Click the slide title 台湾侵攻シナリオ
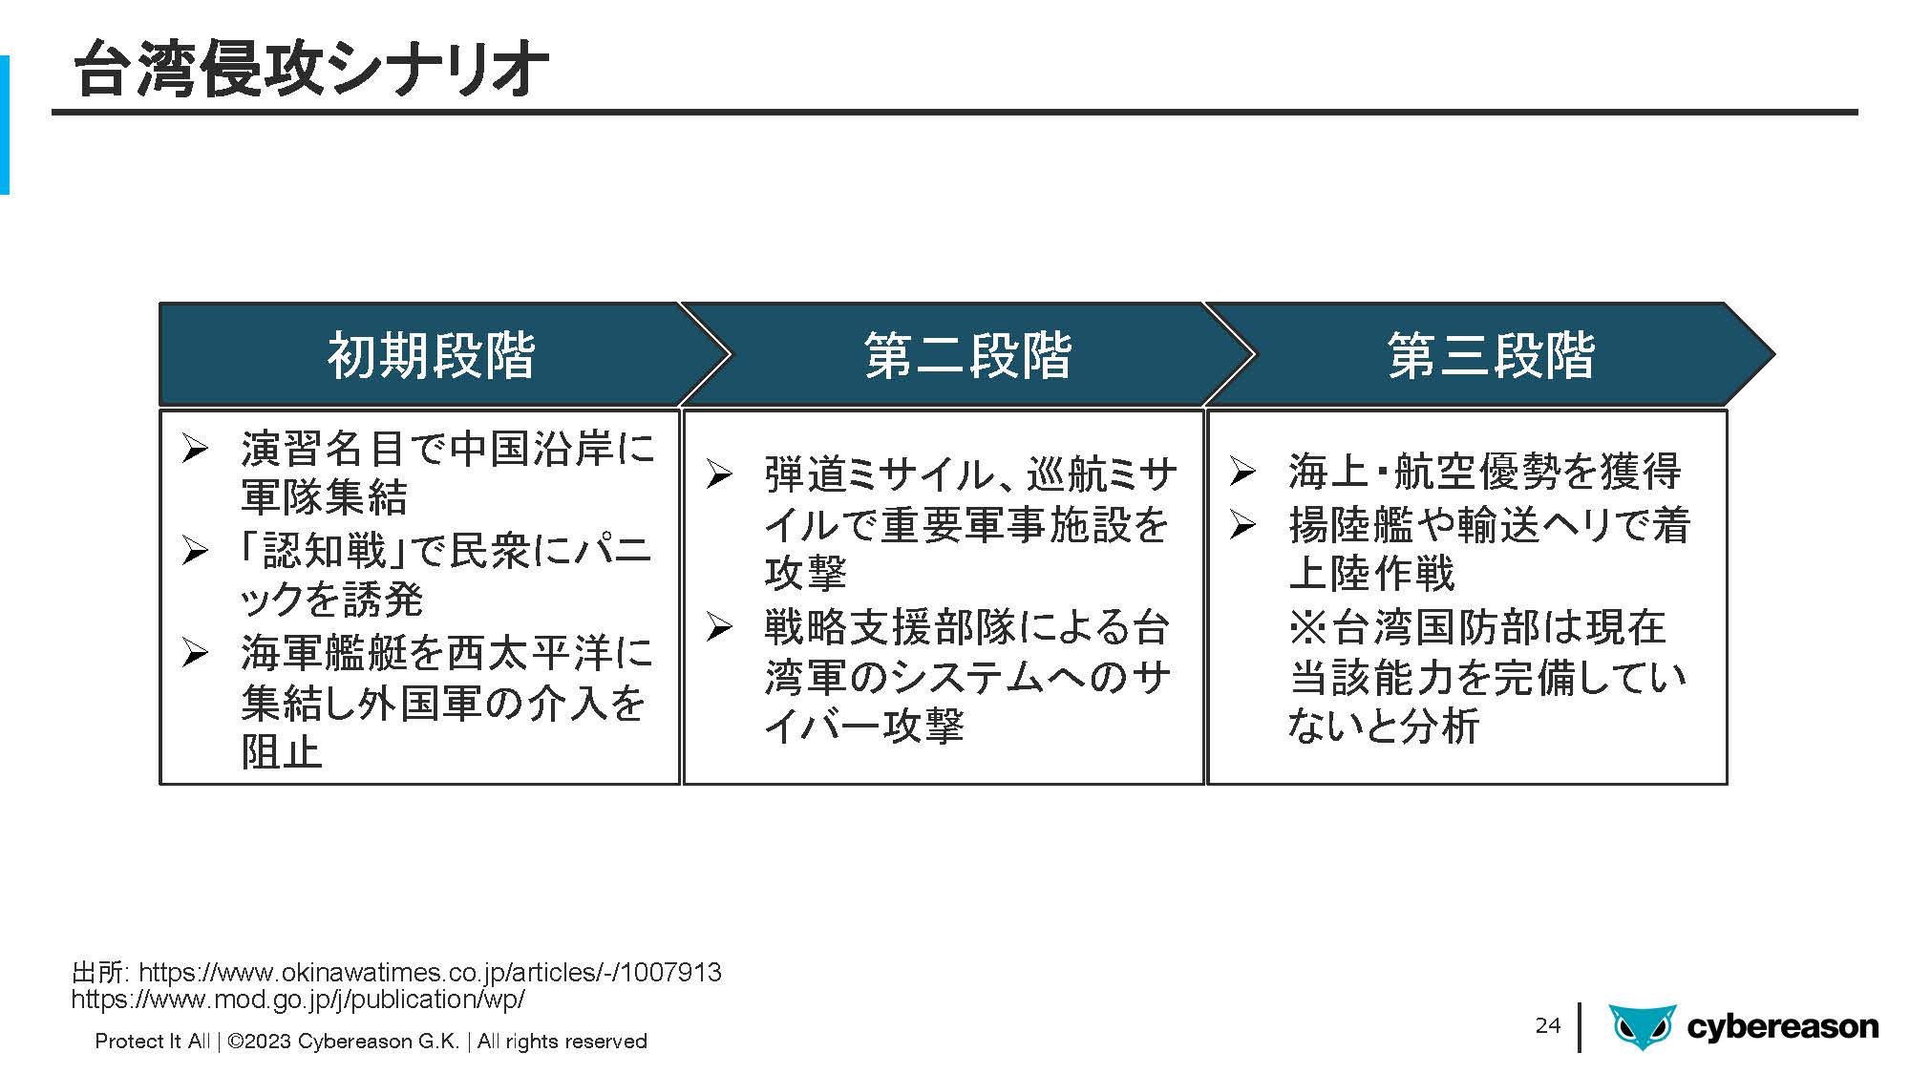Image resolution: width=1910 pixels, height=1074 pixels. point(311,69)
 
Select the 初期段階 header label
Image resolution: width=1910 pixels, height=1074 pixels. point(431,355)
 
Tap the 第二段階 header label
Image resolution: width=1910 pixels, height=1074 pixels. point(967,355)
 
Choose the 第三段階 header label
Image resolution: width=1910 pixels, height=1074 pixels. point(1491,355)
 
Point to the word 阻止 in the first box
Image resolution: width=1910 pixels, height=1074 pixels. point(282,751)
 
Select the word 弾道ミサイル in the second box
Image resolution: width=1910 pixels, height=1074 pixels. point(880,474)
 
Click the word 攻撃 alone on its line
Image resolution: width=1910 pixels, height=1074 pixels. point(805,573)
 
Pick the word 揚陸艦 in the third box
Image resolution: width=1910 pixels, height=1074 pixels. point(1349,524)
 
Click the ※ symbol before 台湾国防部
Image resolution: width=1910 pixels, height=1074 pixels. point(1308,627)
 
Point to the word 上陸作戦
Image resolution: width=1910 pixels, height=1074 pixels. point(1370,573)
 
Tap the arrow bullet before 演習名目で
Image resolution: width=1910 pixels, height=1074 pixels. point(194,448)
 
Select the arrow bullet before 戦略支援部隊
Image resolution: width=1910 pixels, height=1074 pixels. point(719,626)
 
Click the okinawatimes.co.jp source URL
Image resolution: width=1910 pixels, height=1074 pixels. point(430,972)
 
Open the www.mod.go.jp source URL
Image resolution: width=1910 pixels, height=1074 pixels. point(298,999)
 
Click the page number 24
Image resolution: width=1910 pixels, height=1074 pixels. point(1547,1025)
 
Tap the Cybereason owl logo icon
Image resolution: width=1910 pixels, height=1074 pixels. point(1643,1026)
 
